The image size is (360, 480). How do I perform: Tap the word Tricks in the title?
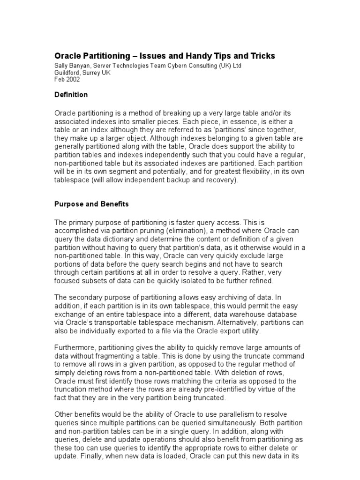[x=262, y=56]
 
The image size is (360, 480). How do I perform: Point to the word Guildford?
[x=68, y=73]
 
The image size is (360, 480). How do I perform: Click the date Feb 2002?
[x=67, y=80]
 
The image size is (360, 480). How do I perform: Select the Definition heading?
[x=71, y=95]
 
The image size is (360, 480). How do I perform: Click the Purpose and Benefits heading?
[x=91, y=205]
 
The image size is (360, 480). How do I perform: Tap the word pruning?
[x=151, y=231]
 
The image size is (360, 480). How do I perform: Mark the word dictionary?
[x=129, y=239]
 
